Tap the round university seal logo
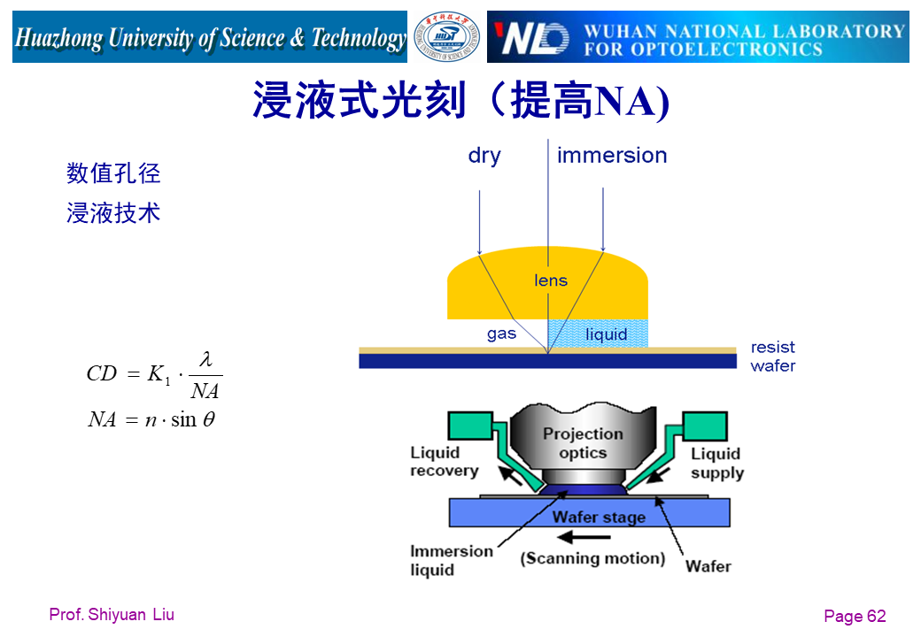click(447, 37)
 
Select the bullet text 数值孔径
click(113, 173)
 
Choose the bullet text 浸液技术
click(113, 212)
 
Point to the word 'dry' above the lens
click(484, 156)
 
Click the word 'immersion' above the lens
click(612, 156)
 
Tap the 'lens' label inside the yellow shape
click(551, 280)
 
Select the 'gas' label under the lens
click(501, 334)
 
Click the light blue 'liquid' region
click(606, 334)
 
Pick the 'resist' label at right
click(773, 347)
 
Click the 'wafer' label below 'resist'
click(773, 365)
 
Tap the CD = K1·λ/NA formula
click(154, 375)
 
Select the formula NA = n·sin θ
click(151, 419)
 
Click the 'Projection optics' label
click(583, 443)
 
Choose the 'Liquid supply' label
click(716, 463)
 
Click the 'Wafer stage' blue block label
click(599, 517)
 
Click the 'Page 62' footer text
click(854, 617)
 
